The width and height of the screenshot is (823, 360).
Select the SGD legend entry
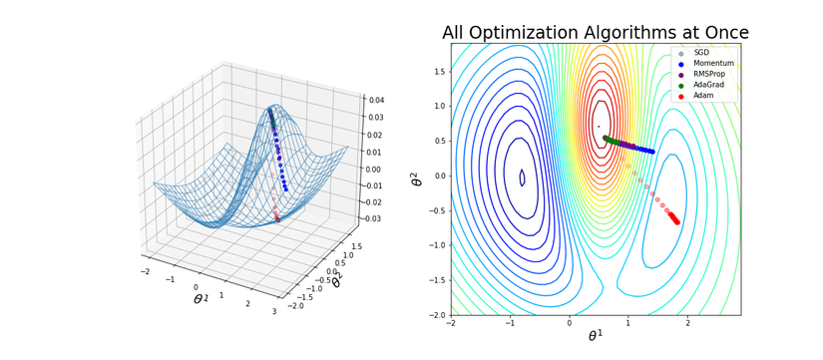[x=701, y=53]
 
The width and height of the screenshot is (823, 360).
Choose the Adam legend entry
[x=702, y=96]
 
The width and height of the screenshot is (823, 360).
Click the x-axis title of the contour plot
[x=596, y=337]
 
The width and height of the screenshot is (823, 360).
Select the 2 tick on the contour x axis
[x=683, y=323]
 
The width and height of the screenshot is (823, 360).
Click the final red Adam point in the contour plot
[x=677, y=222]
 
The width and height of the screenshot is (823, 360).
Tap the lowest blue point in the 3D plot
[x=286, y=188]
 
